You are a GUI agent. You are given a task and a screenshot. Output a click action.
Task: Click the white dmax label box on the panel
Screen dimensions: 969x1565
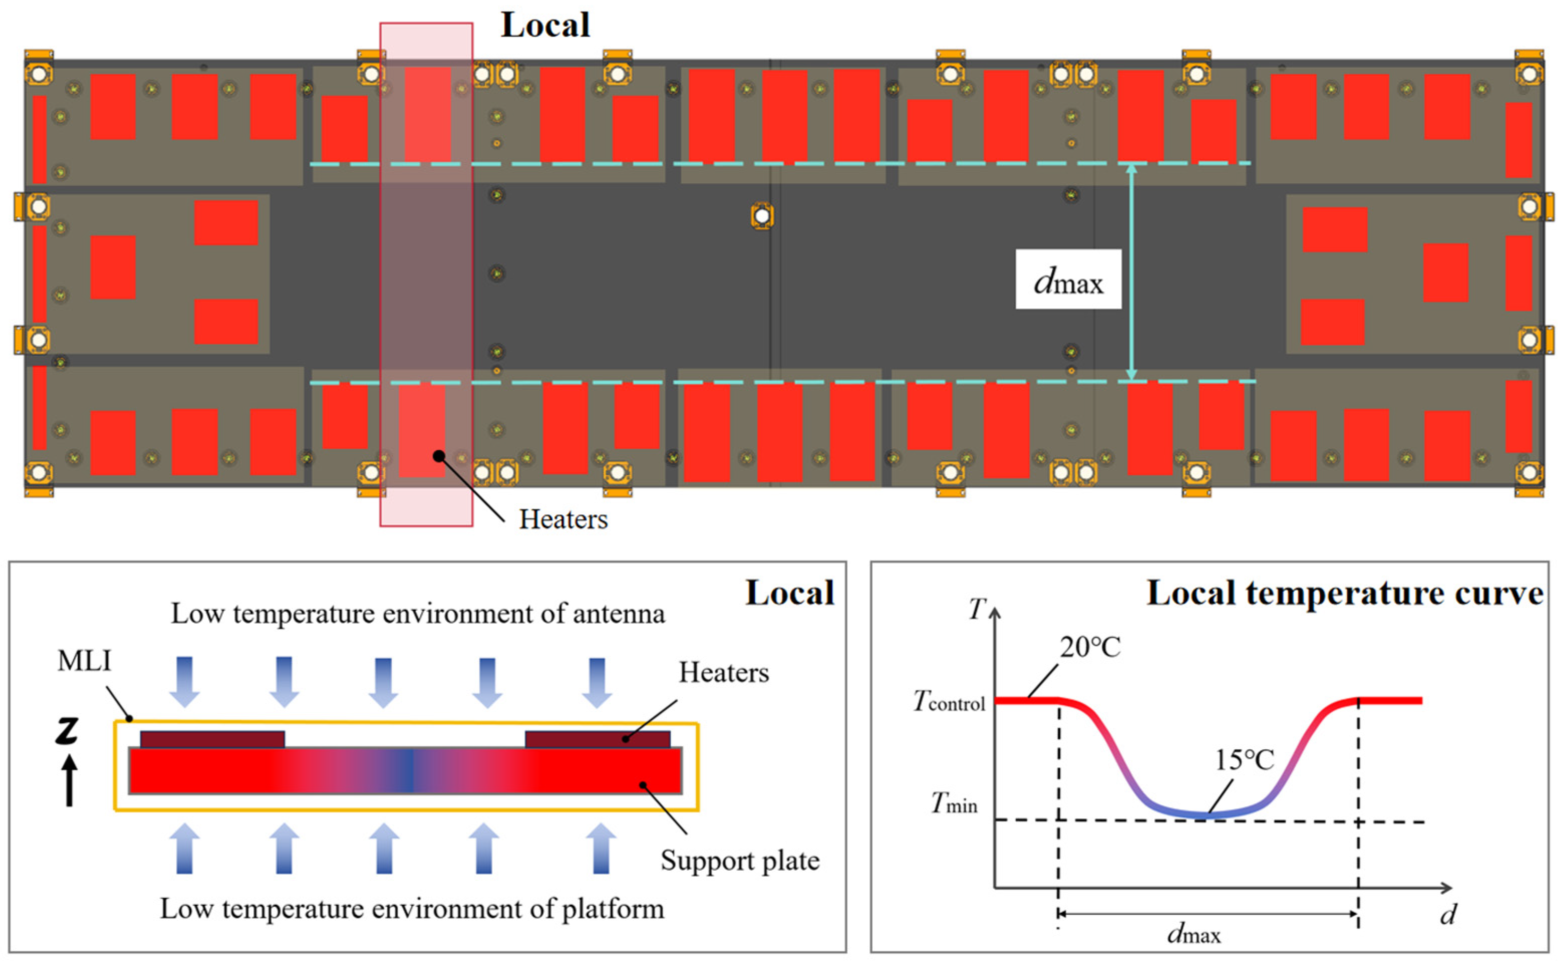[x=1068, y=280]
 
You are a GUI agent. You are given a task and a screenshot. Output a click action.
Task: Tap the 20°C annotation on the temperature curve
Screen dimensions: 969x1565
[x=1089, y=648]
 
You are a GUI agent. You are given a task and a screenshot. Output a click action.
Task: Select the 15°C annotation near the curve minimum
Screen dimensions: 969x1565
[x=1244, y=760]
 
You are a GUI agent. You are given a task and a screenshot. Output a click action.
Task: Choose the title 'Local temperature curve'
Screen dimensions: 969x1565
[x=1344, y=593]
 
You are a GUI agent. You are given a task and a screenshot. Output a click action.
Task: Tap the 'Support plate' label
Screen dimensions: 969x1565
[x=740, y=861]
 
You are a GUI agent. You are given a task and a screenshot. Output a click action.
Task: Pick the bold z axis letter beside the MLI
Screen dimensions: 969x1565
[x=67, y=731]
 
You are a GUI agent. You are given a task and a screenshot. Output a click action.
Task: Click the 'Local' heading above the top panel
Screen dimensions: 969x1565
[x=545, y=26]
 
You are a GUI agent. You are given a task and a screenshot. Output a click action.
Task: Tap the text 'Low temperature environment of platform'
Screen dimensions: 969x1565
[x=412, y=909]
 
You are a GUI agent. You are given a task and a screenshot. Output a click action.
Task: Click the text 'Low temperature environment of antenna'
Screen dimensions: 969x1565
[x=418, y=614]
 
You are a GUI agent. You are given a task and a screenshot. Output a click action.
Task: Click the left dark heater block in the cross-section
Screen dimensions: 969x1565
[x=212, y=739]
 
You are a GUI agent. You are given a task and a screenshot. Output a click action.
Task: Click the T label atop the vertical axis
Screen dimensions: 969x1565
[x=976, y=609]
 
